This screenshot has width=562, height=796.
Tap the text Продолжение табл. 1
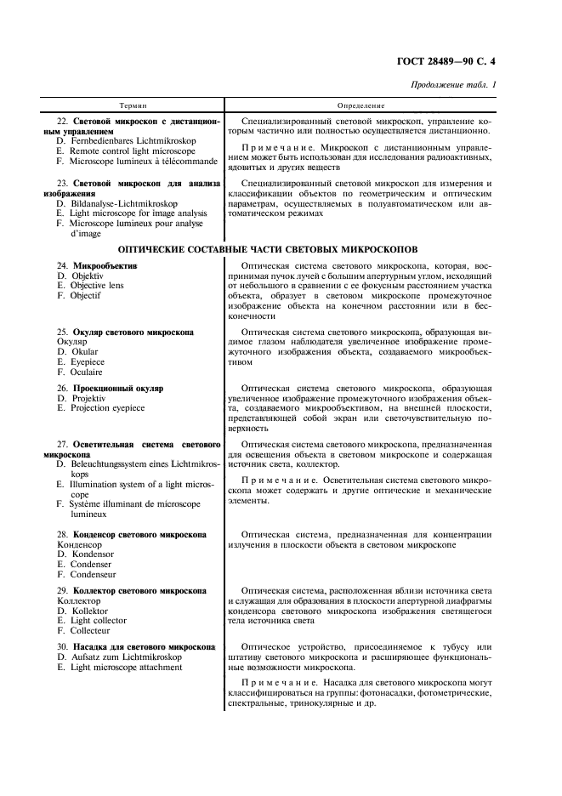click(x=454, y=84)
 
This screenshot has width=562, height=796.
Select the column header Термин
click(x=133, y=106)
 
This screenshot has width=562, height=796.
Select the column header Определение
click(x=361, y=106)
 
